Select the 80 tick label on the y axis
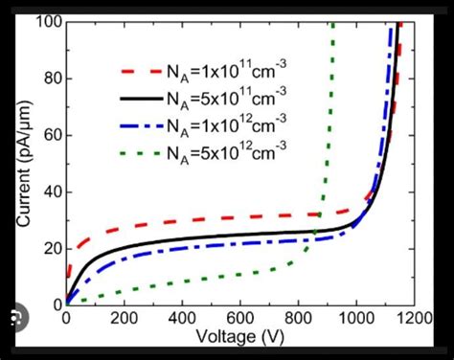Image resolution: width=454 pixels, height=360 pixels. tap(46, 79)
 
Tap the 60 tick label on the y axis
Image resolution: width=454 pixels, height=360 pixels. tap(46, 135)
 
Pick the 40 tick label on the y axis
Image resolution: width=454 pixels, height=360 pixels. tap(46, 191)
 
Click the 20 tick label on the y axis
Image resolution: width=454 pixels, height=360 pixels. tap(46, 248)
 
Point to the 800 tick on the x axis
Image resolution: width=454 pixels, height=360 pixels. tap(354, 320)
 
